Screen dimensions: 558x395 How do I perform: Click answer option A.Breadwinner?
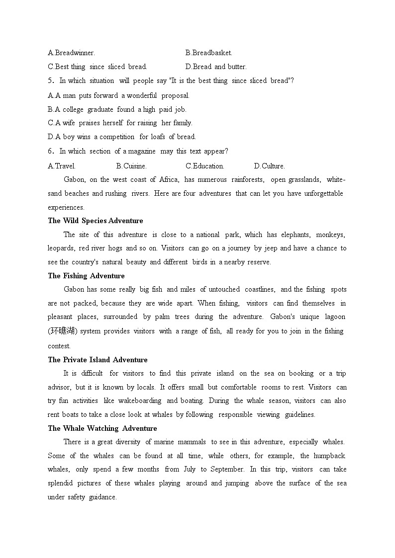[x=71, y=53]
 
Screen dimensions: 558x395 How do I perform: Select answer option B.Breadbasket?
[x=208, y=53]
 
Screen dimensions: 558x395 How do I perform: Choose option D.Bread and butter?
[x=215, y=67]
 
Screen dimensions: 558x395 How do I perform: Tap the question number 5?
[x=50, y=80]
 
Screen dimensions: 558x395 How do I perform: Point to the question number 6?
[x=50, y=151]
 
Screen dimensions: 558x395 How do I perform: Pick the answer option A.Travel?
[x=62, y=166]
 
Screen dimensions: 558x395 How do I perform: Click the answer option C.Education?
[x=204, y=166]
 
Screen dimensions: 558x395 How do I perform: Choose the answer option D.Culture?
[x=269, y=166]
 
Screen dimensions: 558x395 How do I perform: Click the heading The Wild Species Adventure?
[x=96, y=221]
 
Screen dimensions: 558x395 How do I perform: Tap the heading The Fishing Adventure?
[x=86, y=276]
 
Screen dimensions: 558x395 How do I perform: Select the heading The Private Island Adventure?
[x=98, y=360]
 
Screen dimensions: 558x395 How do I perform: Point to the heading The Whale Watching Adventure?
[x=102, y=428]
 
